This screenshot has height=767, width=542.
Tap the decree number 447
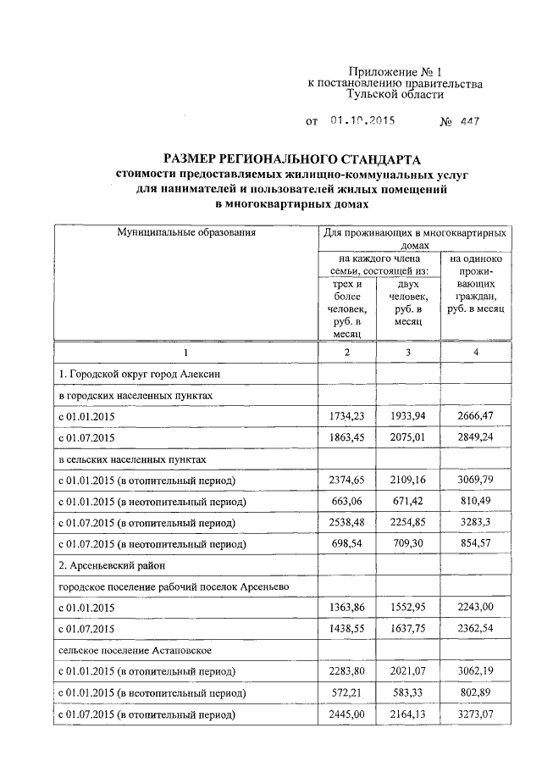tap(470, 121)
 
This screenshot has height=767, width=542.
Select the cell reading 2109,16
tap(409, 481)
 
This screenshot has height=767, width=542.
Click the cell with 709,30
tap(409, 545)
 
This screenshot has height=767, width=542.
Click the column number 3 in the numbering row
tap(409, 352)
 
